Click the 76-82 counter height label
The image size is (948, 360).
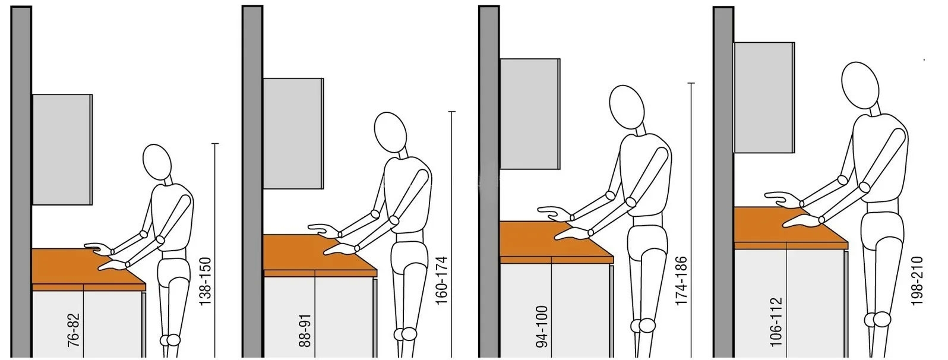point(74,330)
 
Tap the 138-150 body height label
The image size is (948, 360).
point(205,282)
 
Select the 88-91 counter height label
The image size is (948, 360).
point(305,330)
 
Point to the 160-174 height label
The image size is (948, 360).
point(441,280)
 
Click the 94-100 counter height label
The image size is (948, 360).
point(542,327)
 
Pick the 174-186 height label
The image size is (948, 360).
point(681,281)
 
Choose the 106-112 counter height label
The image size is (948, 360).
point(776,323)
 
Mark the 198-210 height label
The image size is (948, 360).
point(917,281)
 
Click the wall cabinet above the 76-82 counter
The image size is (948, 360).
point(62,150)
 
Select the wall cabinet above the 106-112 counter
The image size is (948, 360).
point(764,97)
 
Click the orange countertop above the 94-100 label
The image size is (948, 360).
point(556,242)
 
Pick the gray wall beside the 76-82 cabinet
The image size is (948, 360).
point(21,182)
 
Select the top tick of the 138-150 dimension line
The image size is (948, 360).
point(215,144)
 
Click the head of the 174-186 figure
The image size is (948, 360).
point(627,107)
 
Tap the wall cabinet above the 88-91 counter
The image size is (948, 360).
point(293,133)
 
